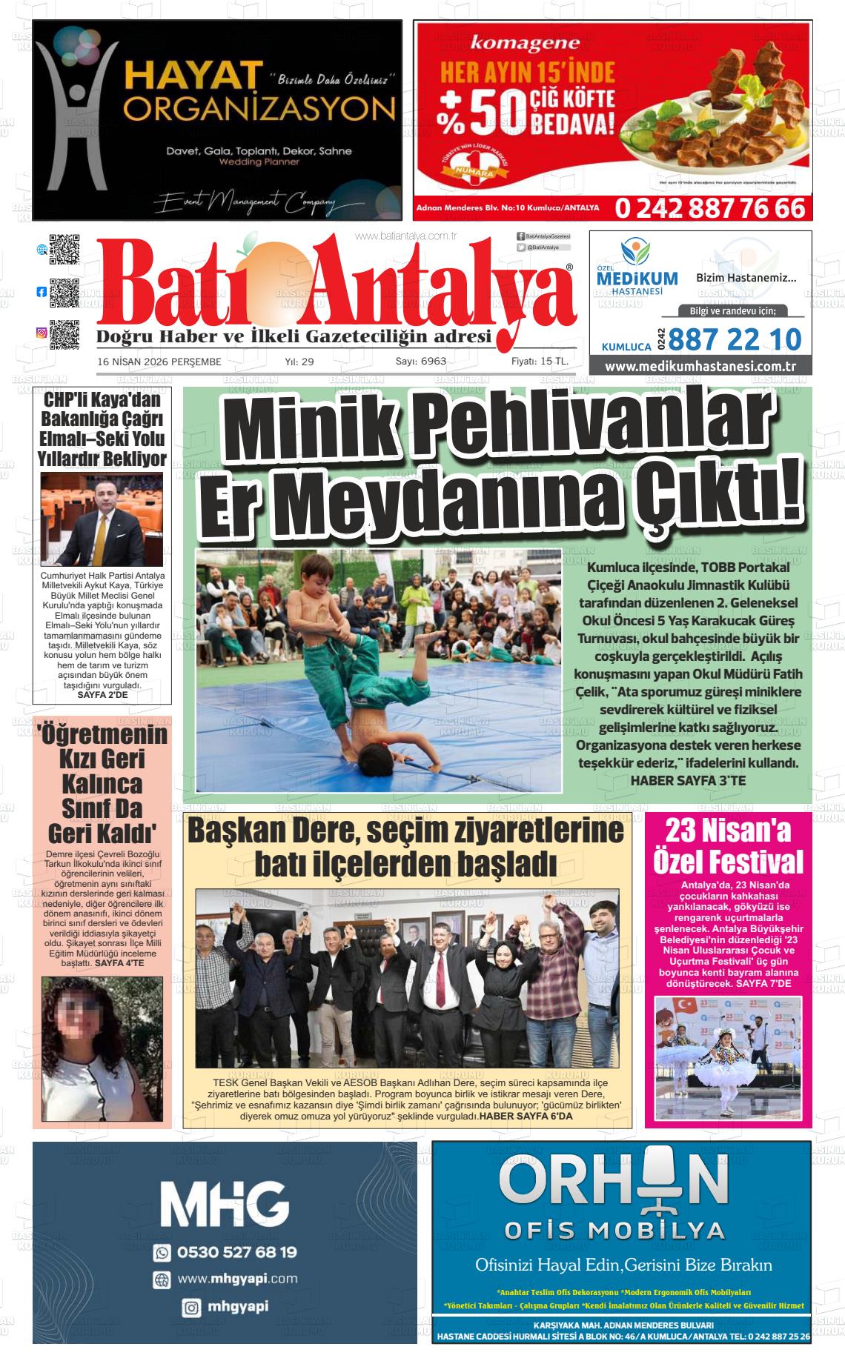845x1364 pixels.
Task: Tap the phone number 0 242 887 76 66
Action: (x=709, y=208)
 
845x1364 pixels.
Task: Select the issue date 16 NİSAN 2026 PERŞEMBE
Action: (x=159, y=362)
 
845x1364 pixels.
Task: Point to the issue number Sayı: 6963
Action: (x=420, y=362)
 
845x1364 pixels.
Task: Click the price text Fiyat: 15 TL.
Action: (x=540, y=362)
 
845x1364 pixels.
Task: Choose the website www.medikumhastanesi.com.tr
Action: (x=700, y=366)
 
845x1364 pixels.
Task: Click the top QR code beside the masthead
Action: (x=64, y=250)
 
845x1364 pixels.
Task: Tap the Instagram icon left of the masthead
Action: (x=42, y=333)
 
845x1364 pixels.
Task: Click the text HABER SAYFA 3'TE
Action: (x=688, y=780)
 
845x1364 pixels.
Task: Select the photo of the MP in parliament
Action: (x=101, y=520)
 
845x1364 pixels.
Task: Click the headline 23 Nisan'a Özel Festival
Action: (x=728, y=846)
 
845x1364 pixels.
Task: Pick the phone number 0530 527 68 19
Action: (x=236, y=1251)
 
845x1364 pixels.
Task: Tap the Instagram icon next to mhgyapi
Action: (x=191, y=1308)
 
